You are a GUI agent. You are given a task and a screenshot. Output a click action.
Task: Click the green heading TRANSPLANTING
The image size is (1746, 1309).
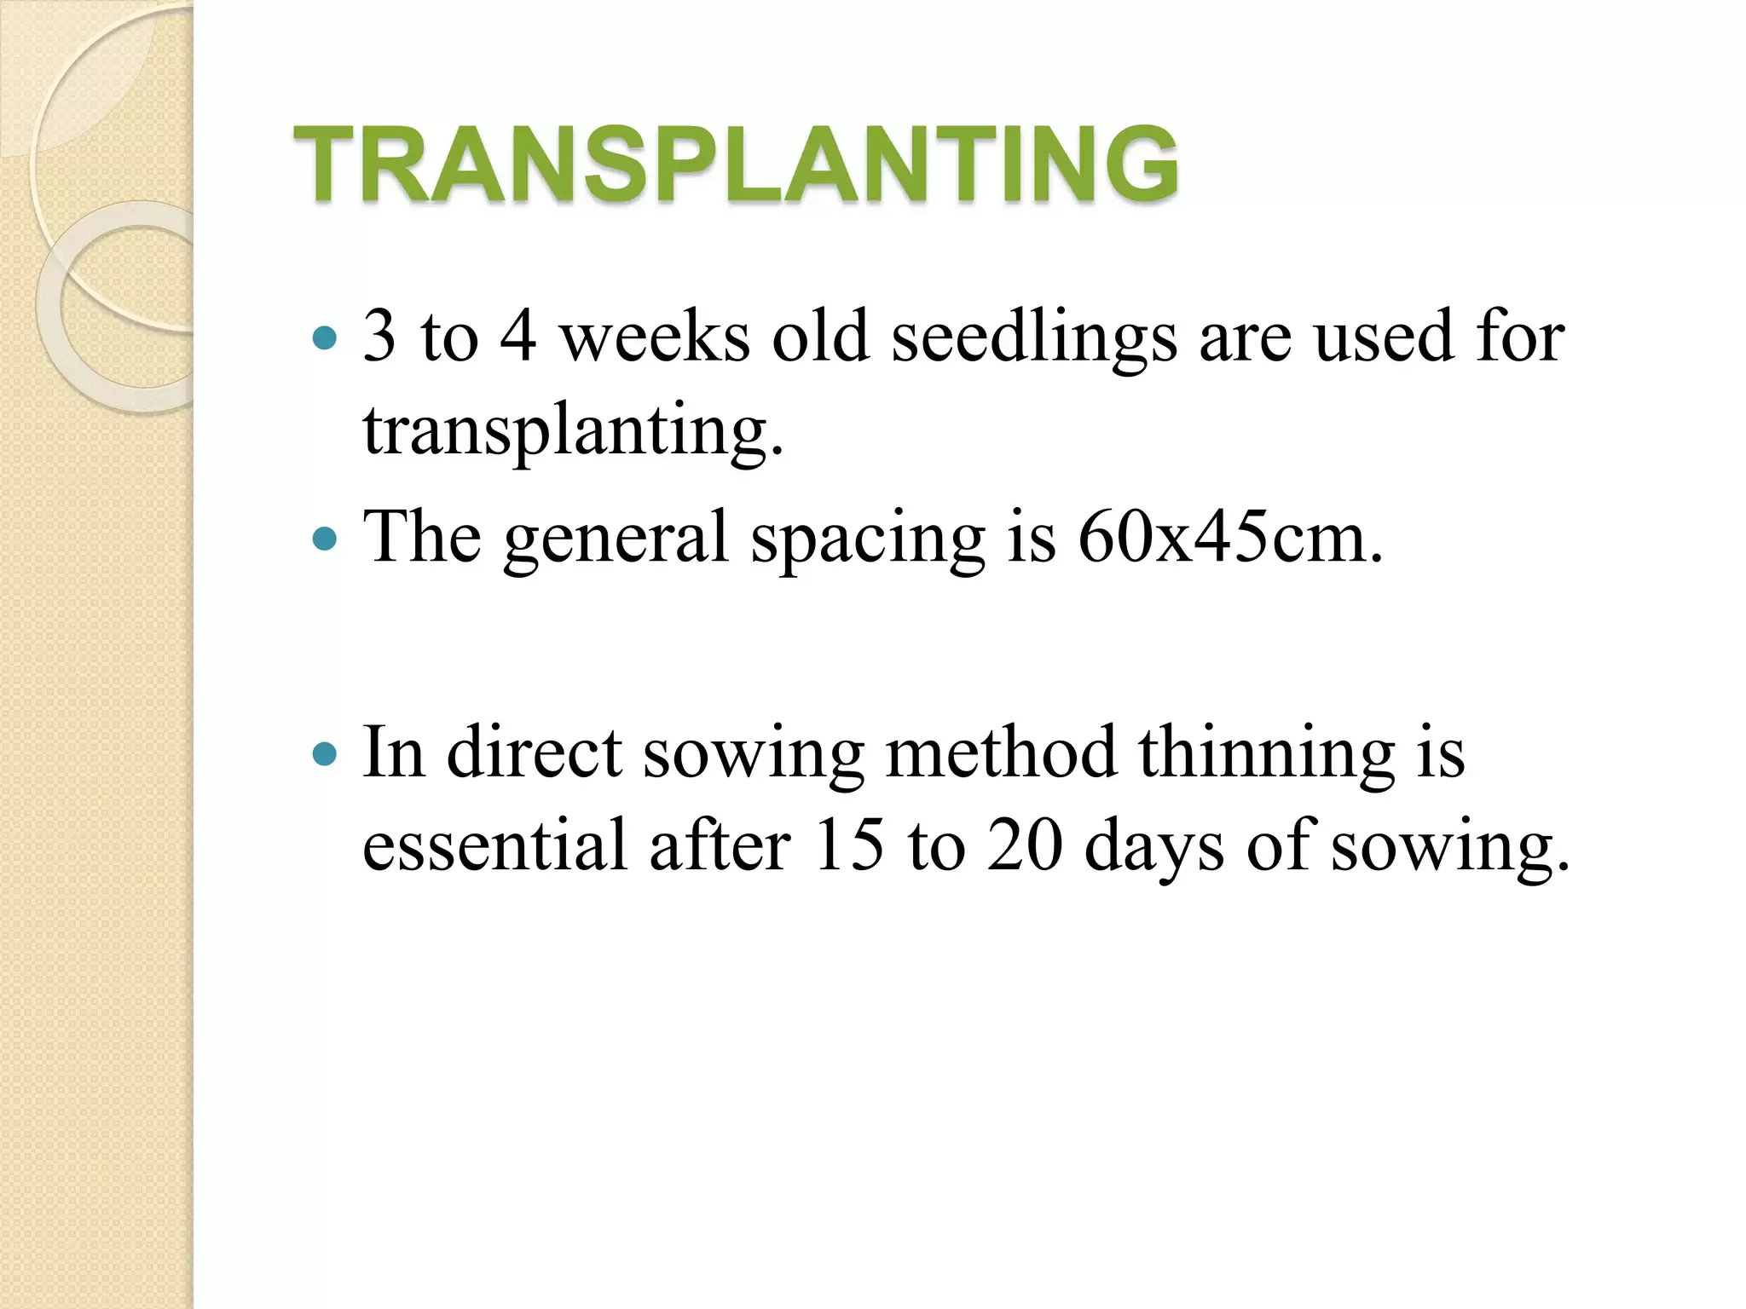pyautogui.click(x=736, y=164)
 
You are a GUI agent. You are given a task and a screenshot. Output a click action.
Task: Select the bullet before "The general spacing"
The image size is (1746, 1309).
pyautogui.click(x=325, y=539)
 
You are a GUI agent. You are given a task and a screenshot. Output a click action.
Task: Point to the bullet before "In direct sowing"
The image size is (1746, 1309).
pyautogui.click(x=325, y=753)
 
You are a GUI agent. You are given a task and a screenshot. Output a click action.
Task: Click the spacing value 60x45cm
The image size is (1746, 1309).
pyautogui.click(x=1229, y=539)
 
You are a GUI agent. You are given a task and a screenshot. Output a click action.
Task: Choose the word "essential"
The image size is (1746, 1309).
pyautogui.click(x=494, y=845)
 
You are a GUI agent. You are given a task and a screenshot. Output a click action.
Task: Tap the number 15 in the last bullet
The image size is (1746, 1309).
pyautogui.click(x=848, y=845)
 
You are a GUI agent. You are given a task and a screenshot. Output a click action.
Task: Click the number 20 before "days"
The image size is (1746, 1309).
pyautogui.click(x=1025, y=845)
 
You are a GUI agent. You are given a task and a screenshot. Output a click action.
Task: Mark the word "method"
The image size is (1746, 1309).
pyautogui.click(x=1001, y=753)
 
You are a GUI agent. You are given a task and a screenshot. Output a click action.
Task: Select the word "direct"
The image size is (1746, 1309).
pyautogui.click(x=534, y=753)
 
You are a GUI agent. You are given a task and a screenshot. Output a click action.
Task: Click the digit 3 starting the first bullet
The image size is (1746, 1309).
pyautogui.click(x=379, y=337)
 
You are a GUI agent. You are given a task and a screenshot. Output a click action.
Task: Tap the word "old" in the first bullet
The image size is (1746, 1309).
pyautogui.click(x=820, y=337)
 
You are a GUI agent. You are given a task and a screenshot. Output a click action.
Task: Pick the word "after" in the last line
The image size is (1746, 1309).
pyautogui.click(x=720, y=845)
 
